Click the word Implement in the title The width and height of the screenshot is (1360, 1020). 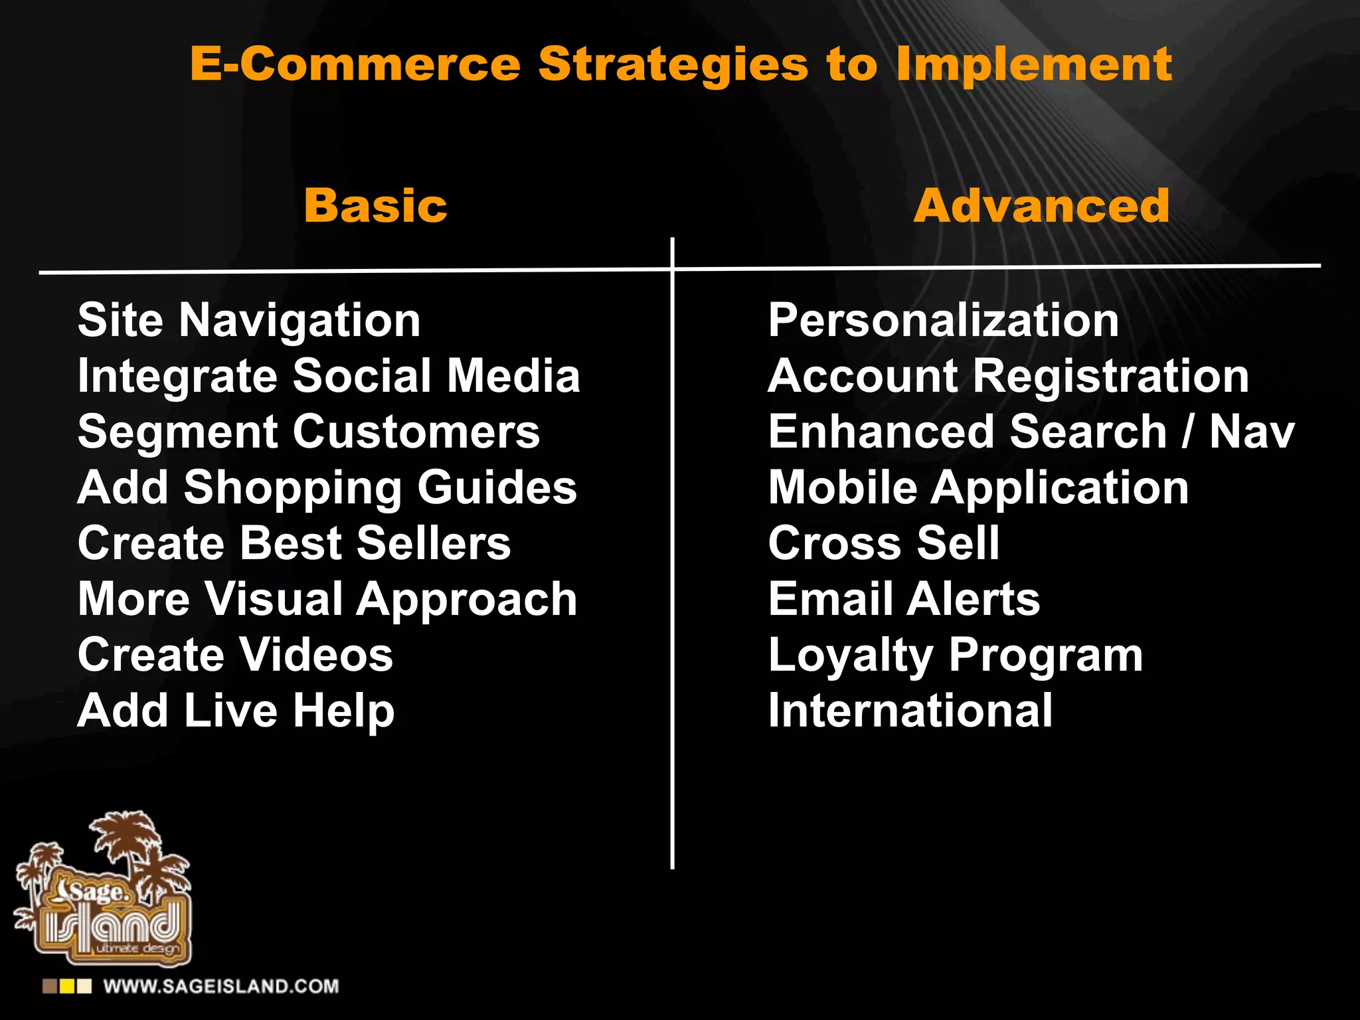point(1033,64)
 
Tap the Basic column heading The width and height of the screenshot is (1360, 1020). point(376,206)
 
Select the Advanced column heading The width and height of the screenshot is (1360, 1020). point(1041,206)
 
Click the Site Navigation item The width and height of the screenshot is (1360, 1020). point(249,321)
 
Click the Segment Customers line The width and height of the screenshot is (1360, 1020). point(309,432)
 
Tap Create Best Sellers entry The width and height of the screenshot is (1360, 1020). point(294,544)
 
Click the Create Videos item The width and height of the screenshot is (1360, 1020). point(236,655)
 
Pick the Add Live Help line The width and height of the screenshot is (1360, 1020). point(236,711)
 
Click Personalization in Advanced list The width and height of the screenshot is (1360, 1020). point(943,321)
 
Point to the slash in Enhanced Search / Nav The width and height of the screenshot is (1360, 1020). point(1187,432)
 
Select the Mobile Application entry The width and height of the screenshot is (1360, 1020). point(978,488)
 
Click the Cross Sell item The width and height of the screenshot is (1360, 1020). point(883,544)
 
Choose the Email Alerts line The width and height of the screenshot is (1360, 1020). point(904,599)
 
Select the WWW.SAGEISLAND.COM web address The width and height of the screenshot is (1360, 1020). point(220,986)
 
